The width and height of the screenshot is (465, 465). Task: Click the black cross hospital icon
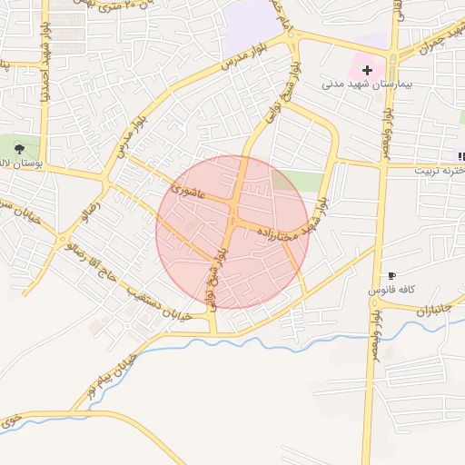point(367,70)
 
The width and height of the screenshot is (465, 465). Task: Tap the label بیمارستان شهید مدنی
point(367,84)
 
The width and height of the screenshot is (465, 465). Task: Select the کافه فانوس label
point(391,289)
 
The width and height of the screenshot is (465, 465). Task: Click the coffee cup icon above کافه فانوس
point(391,275)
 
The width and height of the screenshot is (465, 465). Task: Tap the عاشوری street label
point(190,193)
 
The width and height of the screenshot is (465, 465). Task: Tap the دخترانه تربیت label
point(440,170)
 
